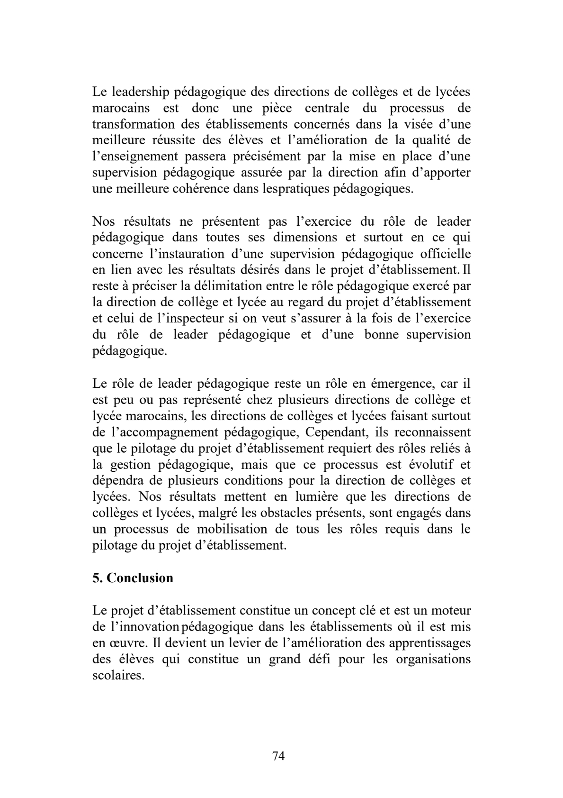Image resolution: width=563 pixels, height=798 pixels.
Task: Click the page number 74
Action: (x=278, y=756)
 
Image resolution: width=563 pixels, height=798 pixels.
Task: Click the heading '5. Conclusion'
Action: (x=133, y=578)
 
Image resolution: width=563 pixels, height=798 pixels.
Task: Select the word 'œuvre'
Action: (x=121, y=643)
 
